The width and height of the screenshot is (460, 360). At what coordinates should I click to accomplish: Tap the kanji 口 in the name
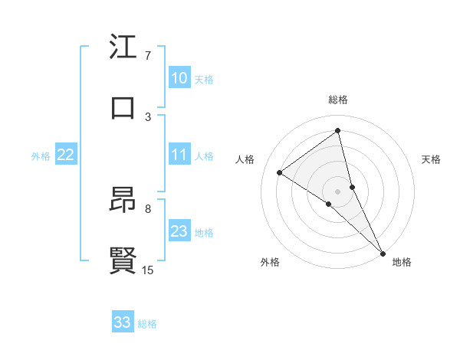coord(123,108)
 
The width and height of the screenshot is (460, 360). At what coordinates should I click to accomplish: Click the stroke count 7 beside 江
coord(148,56)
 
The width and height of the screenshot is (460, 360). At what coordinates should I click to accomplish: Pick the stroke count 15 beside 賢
coord(148,270)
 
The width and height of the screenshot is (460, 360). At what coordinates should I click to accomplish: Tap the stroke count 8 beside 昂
coord(148,208)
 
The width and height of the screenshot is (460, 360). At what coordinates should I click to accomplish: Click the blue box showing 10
coord(179,78)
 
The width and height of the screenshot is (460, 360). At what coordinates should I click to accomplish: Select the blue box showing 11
coord(179,155)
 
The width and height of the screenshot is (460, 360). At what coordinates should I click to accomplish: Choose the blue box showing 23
coord(179,231)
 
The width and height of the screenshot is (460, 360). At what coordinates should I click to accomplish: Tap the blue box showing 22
coord(65,155)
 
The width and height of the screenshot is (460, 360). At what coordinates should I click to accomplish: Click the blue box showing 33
coord(123,322)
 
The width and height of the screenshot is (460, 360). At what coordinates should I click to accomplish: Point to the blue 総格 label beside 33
coord(147,324)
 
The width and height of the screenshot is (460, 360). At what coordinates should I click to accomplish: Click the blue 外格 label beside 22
coord(41,156)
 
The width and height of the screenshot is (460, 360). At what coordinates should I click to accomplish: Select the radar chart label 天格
coord(432,159)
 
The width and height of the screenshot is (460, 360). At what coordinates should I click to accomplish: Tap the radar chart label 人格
coord(245,159)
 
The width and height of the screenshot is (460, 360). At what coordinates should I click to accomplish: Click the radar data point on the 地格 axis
coord(383,252)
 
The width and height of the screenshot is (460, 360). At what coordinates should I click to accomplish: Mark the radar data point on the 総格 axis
coord(338,131)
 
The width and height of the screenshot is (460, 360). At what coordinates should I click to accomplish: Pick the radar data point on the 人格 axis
coord(280,172)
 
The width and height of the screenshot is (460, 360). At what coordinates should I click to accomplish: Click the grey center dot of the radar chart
coord(338,190)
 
